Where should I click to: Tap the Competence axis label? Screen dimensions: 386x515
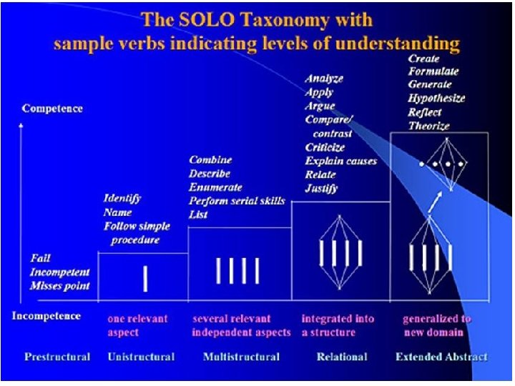(x=52, y=109)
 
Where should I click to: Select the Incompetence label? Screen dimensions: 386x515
(x=46, y=315)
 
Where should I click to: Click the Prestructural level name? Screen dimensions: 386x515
(x=57, y=356)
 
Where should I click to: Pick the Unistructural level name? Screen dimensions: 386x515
(x=141, y=356)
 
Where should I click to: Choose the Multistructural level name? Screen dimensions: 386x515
(x=241, y=356)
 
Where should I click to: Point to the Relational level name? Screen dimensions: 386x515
(x=342, y=356)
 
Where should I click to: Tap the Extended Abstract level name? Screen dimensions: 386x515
(x=441, y=356)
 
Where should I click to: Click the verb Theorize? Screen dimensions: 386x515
(x=428, y=126)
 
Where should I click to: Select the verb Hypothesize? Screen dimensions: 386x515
(x=436, y=99)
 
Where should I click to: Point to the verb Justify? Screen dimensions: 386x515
(x=321, y=189)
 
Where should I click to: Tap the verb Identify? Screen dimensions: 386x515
(x=122, y=198)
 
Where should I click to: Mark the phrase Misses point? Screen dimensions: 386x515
(x=60, y=286)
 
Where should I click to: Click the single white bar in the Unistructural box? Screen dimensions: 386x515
(x=145, y=277)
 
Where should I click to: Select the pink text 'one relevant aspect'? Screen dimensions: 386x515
(x=138, y=325)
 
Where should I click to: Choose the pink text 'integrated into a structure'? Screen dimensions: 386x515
(x=338, y=325)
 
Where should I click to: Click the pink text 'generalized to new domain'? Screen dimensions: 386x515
(x=436, y=325)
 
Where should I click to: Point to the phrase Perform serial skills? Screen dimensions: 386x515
(x=237, y=200)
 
